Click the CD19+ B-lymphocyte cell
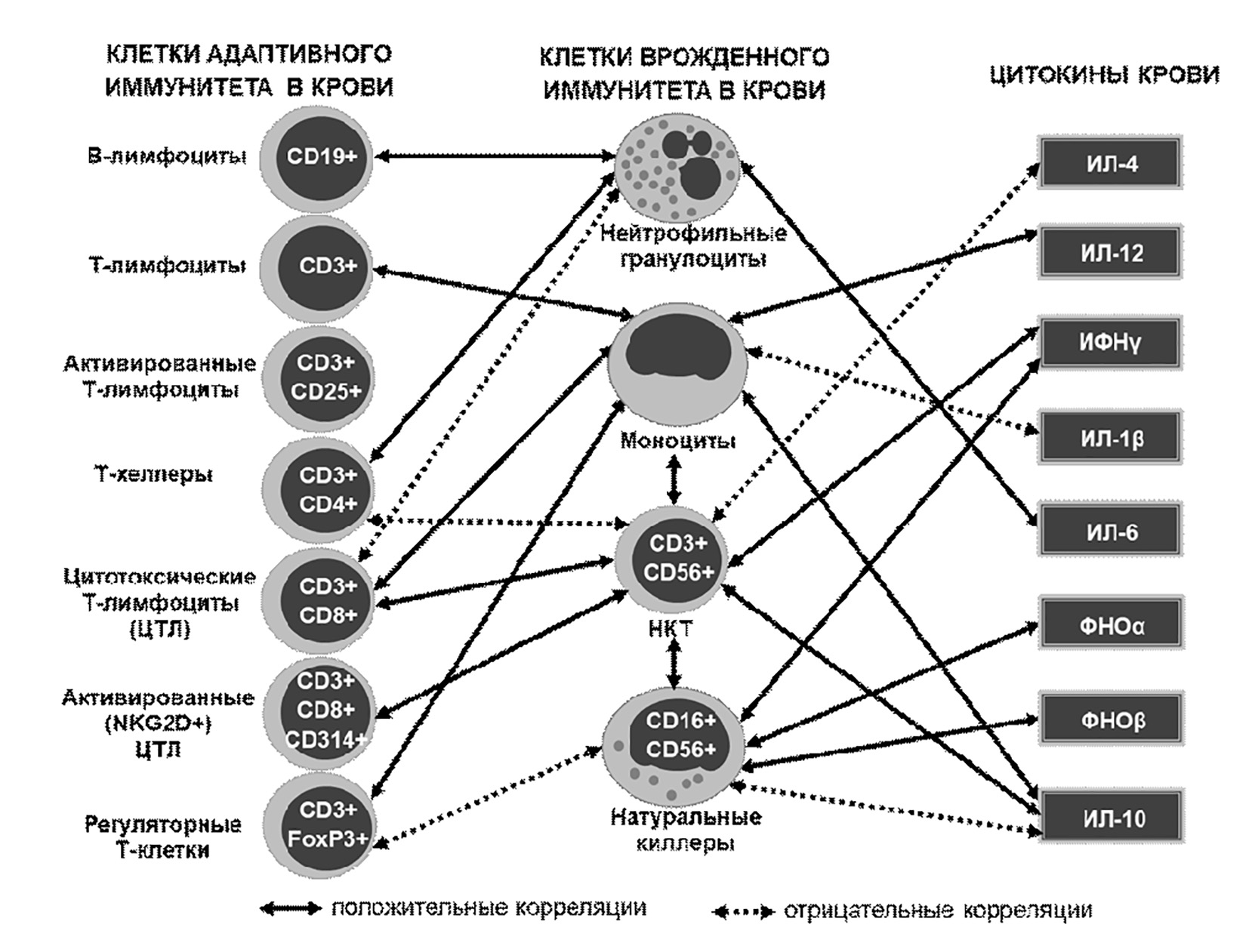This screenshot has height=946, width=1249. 319,157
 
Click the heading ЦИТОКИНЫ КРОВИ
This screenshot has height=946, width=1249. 1104,75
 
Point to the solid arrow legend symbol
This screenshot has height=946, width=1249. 289,908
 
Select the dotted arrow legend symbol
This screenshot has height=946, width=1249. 742,911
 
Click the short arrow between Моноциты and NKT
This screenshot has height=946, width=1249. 674,479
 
